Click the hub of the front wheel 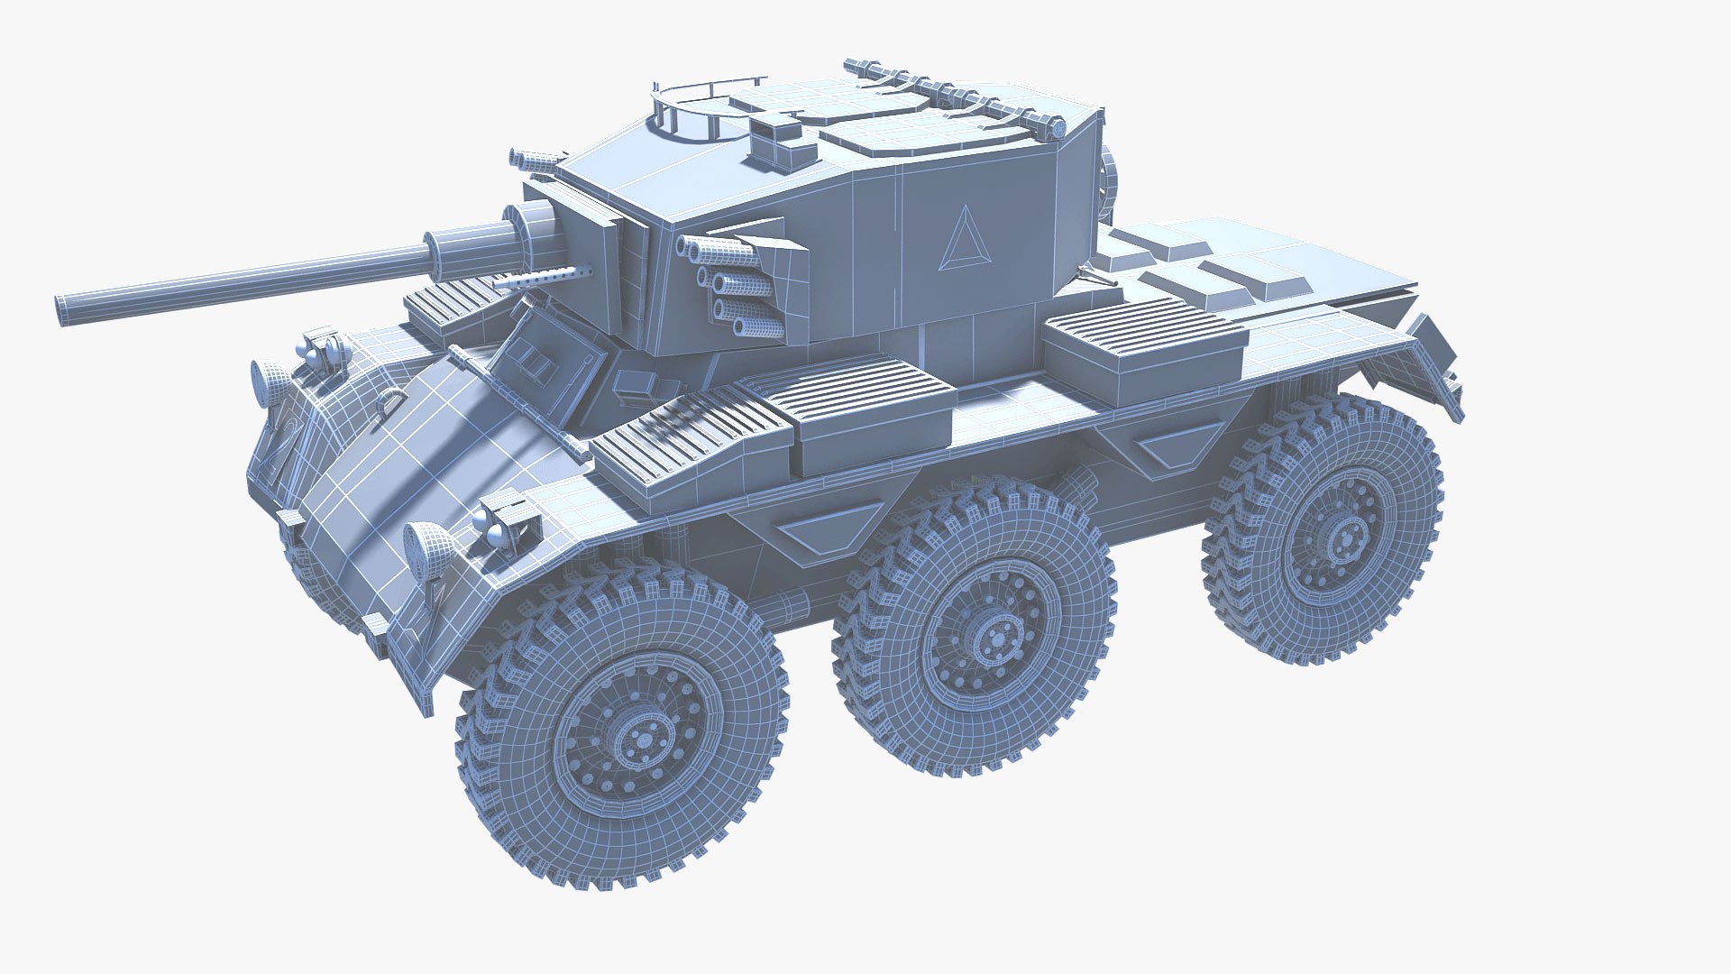click(x=643, y=740)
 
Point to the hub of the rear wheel click(x=1341, y=538)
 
